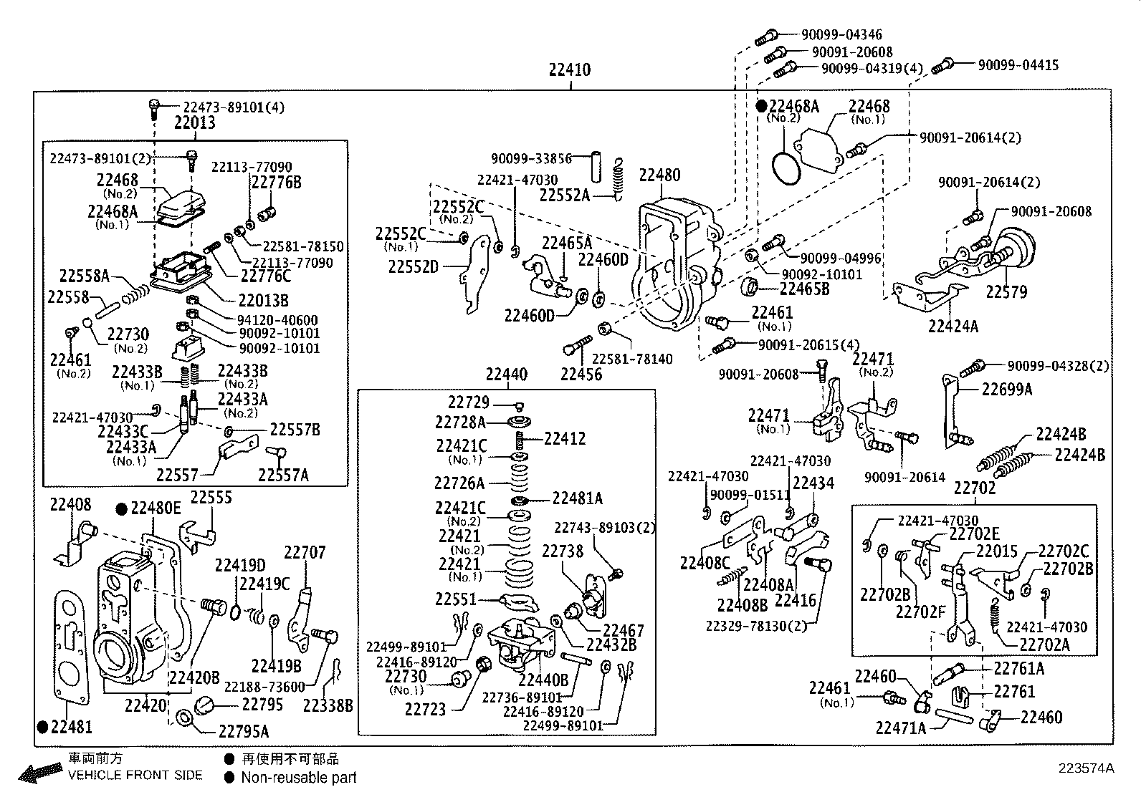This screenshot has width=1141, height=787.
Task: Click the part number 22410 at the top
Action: (x=570, y=69)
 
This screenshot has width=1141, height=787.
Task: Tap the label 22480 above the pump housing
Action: (x=659, y=175)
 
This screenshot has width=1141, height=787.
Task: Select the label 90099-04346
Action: (x=841, y=34)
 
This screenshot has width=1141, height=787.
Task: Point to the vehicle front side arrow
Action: (x=41, y=772)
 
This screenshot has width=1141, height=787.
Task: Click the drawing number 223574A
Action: (x=1086, y=768)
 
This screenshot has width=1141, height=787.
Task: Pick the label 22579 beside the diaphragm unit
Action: (x=1006, y=292)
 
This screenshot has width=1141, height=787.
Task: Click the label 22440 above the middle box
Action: (x=506, y=375)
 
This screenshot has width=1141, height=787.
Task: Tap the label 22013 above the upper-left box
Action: (x=194, y=122)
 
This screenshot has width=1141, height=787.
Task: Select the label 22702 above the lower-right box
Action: (x=975, y=488)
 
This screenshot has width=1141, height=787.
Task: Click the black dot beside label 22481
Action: (x=43, y=727)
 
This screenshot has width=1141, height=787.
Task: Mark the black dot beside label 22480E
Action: (x=121, y=509)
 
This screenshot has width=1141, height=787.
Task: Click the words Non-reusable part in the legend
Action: (x=298, y=778)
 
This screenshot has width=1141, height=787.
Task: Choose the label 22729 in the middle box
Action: (x=468, y=402)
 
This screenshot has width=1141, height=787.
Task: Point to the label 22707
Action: (x=305, y=553)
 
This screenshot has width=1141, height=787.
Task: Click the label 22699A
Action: (x=1007, y=390)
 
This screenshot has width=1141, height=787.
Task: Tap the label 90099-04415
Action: (x=1018, y=65)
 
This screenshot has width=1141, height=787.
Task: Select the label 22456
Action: (x=581, y=375)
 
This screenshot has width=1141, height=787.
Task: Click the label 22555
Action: (x=211, y=498)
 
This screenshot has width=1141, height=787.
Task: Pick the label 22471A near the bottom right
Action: (x=901, y=728)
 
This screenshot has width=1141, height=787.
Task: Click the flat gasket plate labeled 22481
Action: (x=70, y=648)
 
